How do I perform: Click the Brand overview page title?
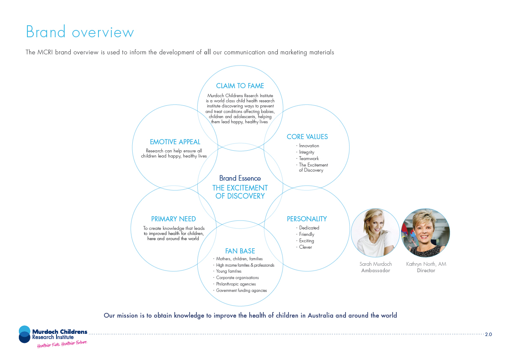coord(80,32)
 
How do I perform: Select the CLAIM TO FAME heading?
coord(240,86)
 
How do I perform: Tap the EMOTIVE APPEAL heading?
coord(175,142)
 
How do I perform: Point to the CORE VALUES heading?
coord(307,137)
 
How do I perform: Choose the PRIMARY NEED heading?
coord(173,219)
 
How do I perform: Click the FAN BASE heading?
coord(240,251)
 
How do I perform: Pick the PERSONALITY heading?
coord(307,219)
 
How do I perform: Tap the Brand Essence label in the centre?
coord(240,178)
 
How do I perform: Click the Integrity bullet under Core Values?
coord(307,152)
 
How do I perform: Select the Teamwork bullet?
coord(309,158)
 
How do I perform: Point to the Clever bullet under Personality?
coord(306,247)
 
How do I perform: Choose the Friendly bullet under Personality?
coord(307,234)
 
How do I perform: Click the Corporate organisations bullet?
coord(237,277)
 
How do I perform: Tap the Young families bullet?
coord(229,271)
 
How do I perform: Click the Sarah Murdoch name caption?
coord(375,264)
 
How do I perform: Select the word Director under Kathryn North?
coord(426,271)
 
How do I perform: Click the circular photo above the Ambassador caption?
coord(375,233)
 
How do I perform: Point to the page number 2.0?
coord(488,334)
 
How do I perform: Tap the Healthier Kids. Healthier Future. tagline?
coord(62,344)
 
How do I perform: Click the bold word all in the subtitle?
coord(207,52)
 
